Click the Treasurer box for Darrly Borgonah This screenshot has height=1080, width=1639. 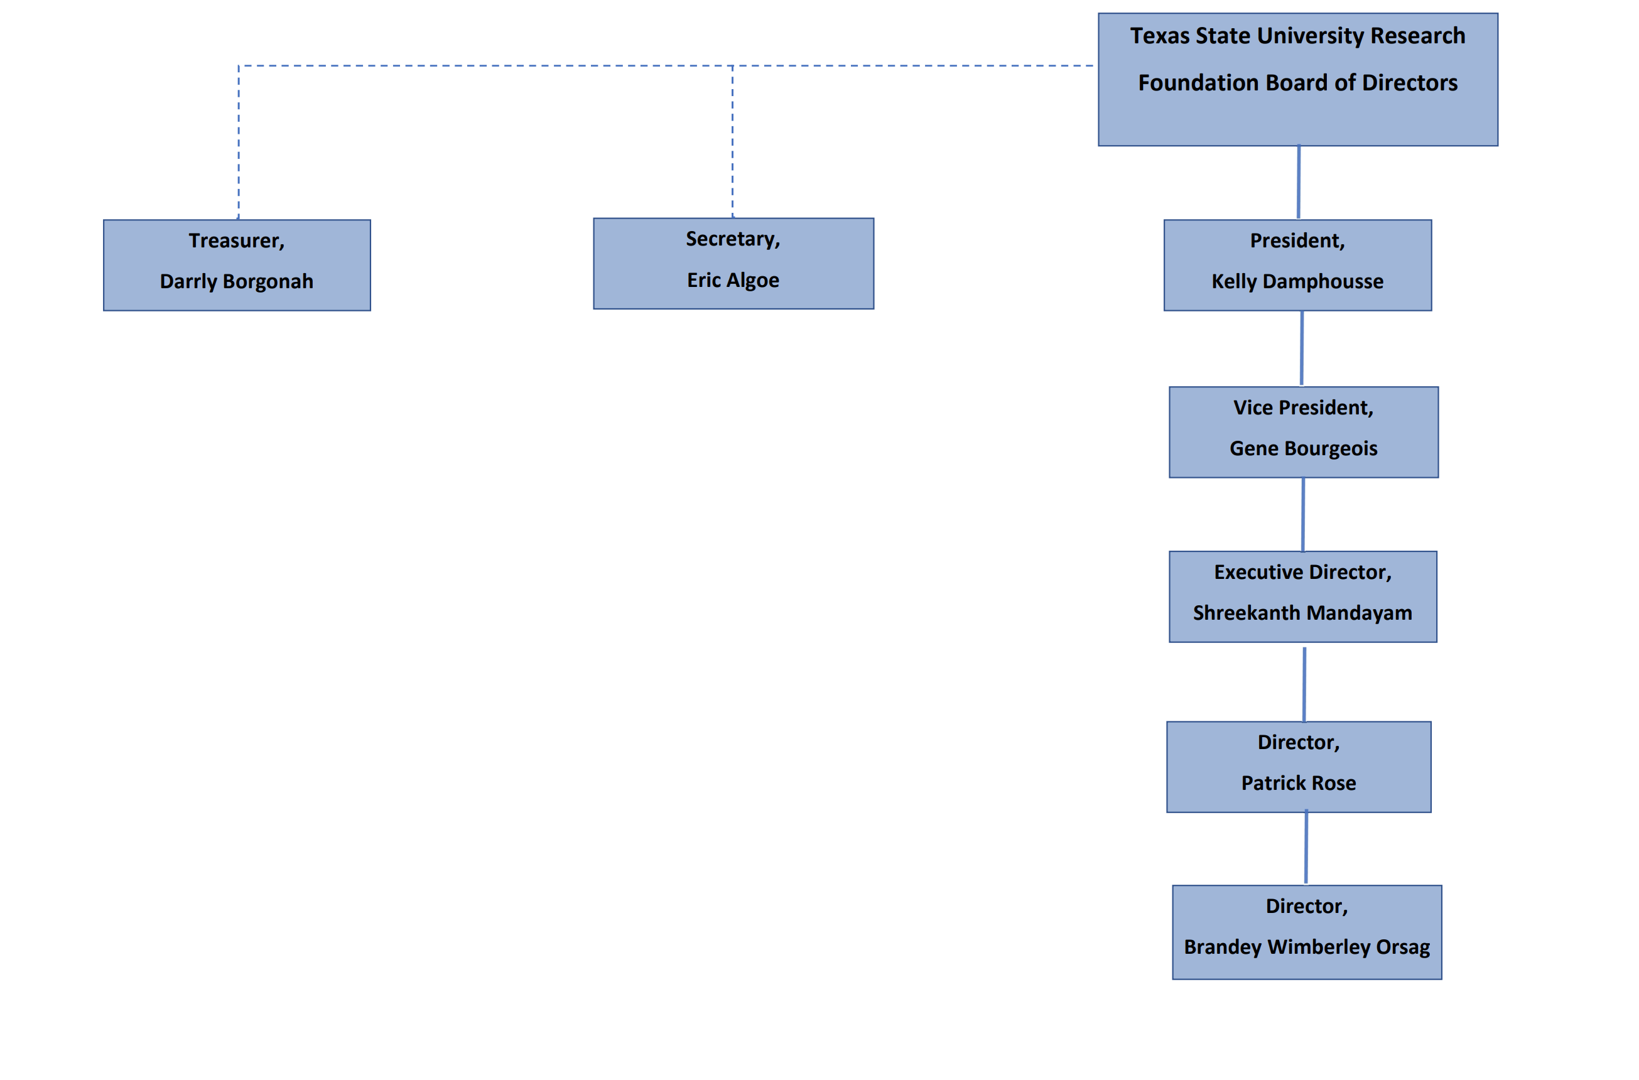coord(236,265)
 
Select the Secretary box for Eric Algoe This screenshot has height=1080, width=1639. coord(733,264)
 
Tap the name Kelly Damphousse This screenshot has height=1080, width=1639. coord(1297,282)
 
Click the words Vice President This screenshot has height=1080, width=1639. coord(1302,408)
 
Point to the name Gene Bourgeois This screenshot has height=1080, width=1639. coord(1303,449)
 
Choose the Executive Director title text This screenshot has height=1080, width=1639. coord(1302,573)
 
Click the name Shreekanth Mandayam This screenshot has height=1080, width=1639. coord(1302,613)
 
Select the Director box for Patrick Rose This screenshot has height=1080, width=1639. coord(1298,767)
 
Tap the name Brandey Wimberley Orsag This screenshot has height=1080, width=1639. coord(1306,947)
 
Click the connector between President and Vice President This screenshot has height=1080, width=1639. coord(1301,348)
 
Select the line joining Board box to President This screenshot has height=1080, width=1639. coord(1298,183)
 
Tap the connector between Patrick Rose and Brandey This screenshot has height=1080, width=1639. coord(1306,848)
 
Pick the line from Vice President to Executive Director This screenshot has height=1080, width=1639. coord(1302,514)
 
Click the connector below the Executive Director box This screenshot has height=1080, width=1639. coord(1304,683)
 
